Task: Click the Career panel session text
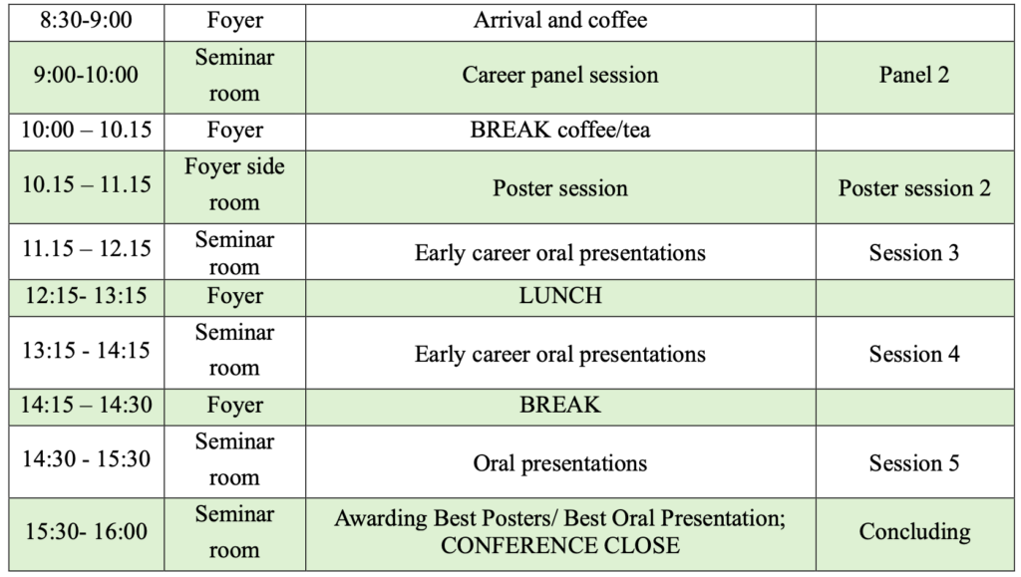(560, 75)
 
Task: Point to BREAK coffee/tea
(560, 131)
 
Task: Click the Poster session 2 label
(914, 188)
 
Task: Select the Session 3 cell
(914, 252)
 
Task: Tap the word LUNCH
(560, 296)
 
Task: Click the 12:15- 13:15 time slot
(86, 296)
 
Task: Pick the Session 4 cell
(914, 354)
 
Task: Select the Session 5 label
(914, 463)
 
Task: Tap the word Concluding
(914, 531)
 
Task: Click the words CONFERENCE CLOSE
(560, 545)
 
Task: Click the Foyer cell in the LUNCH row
(234, 296)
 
